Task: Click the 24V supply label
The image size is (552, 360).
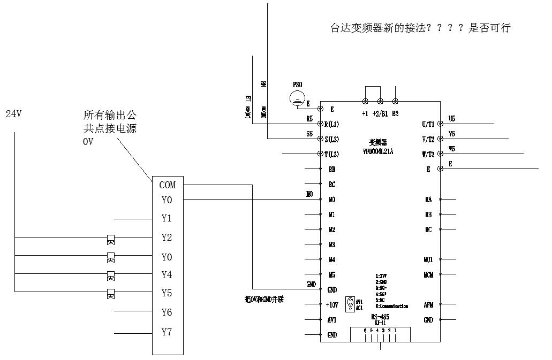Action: pyautogui.click(x=13, y=114)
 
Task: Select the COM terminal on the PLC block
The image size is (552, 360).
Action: pyautogui.click(x=167, y=185)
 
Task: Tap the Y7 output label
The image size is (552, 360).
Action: pyautogui.click(x=167, y=332)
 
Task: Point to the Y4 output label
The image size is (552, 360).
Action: pyautogui.click(x=167, y=275)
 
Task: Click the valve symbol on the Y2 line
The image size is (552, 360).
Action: pyautogui.click(x=111, y=239)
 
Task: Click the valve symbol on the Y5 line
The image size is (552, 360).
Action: pyautogui.click(x=111, y=293)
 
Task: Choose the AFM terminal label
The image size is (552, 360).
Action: pyautogui.click(x=428, y=304)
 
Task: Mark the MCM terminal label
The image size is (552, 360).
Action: pyautogui.click(x=428, y=275)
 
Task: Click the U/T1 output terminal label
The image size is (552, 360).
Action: pyautogui.click(x=428, y=124)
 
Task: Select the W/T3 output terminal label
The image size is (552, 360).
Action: pyautogui.click(x=428, y=155)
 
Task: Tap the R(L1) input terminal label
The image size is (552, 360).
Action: pyautogui.click(x=332, y=124)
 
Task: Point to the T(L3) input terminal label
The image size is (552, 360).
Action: pyautogui.click(x=332, y=155)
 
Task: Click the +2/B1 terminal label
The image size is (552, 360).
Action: pyautogui.click(x=380, y=113)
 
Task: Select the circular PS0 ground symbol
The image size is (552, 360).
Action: pyautogui.click(x=297, y=98)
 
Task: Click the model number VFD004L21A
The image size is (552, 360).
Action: pyautogui.click(x=379, y=151)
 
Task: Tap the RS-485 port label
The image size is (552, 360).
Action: pyautogui.click(x=380, y=317)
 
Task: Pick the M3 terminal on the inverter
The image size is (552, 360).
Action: pyautogui.click(x=332, y=244)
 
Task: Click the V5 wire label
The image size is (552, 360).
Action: pyautogui.click(x=452, y=134)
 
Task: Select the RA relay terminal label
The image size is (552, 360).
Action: pyautogui.click(x=428, y=200)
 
